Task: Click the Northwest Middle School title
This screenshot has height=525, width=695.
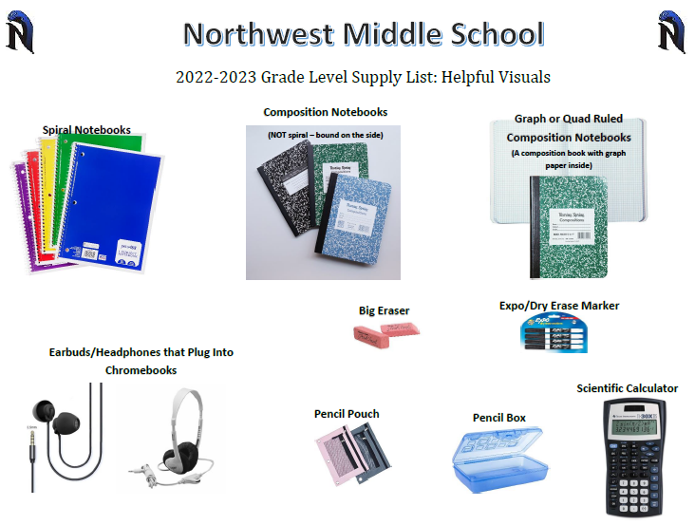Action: click(x=364, y=33)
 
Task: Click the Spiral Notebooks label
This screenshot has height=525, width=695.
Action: click(x=86, y=130)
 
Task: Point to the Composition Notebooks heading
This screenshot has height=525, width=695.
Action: click(x=325, y=112)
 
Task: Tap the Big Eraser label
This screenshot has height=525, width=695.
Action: click(x=384, y=310)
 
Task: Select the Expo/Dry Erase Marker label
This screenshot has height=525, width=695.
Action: click(x=558, y=306)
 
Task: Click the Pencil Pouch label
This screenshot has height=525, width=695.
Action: click(x=347, y=414)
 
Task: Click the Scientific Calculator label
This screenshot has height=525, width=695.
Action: click(x=627, y=388)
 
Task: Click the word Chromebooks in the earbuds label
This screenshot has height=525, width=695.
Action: click(x=141, y=370)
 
